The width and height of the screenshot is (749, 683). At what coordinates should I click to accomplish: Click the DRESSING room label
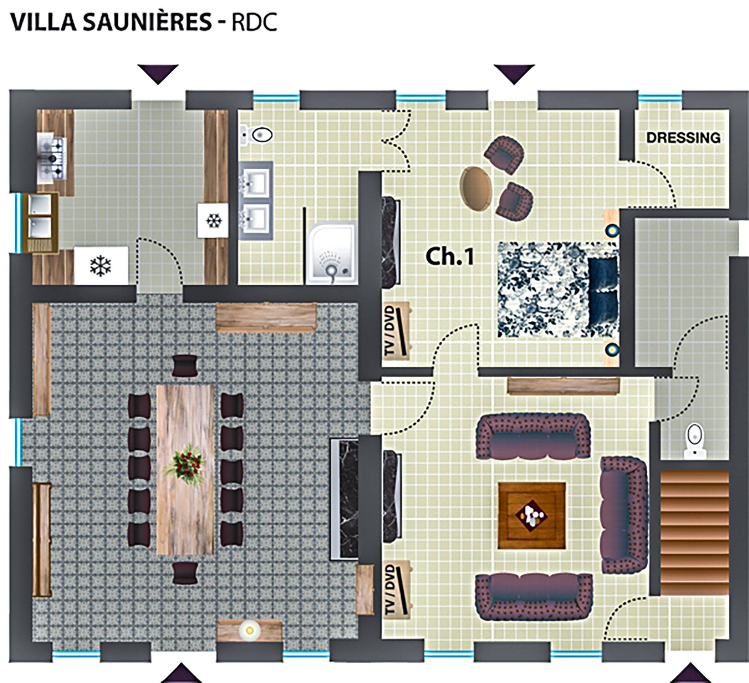click(x=683, y=138)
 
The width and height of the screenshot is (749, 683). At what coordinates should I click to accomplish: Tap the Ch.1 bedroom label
click(x=449, y=257)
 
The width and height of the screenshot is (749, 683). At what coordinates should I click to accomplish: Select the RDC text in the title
click(x=254, y=22)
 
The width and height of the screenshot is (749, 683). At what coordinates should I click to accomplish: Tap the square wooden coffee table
click(x=532, y=516)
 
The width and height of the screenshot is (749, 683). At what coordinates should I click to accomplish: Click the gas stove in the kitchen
click(x=51, y=157)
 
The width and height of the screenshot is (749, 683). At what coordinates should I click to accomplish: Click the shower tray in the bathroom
click(x=332, y=253)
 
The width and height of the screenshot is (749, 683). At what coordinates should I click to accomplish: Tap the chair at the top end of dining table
click(x=185, y=365)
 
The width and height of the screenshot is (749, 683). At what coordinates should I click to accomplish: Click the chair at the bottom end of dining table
click(x=185, y=573)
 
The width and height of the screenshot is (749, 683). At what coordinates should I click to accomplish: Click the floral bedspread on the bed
click(x=544, y=290)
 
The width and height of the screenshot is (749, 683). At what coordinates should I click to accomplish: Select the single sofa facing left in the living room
click(x=623, y=515)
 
